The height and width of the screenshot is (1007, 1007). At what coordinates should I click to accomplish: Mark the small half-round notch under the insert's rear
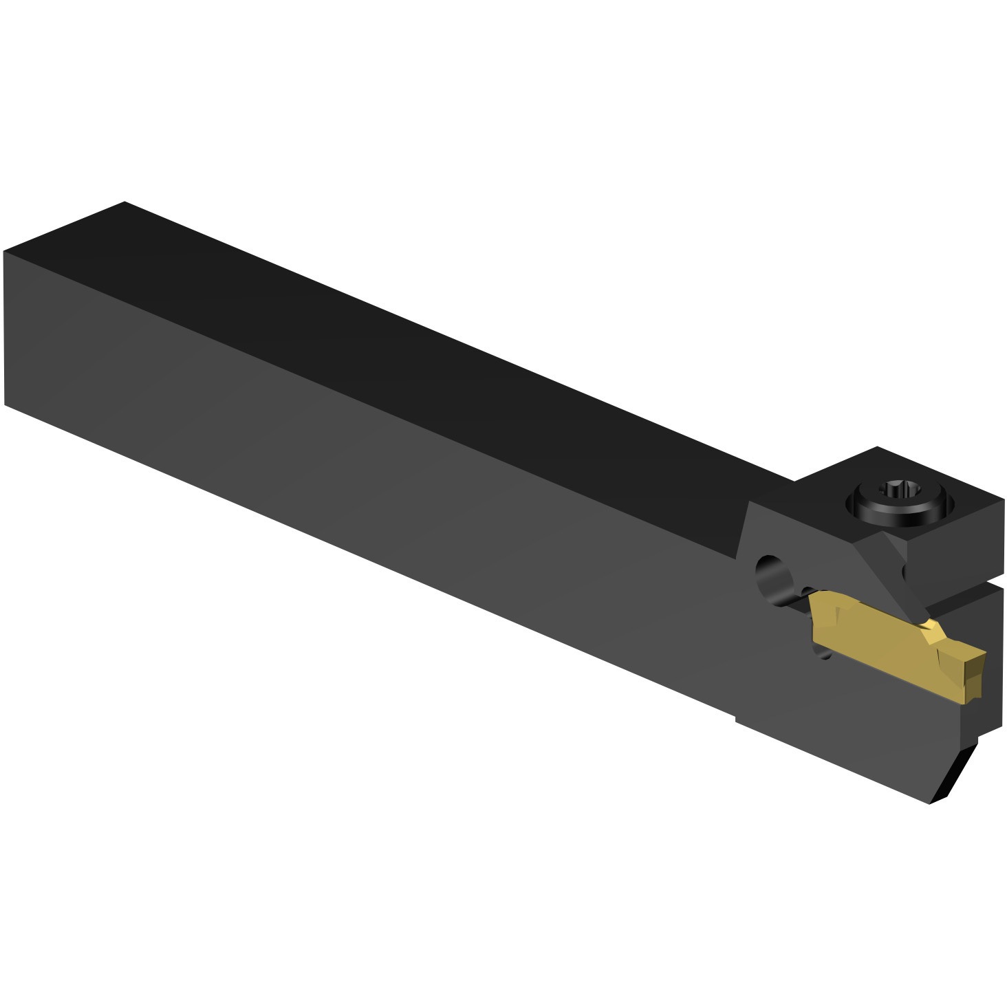[825, 649]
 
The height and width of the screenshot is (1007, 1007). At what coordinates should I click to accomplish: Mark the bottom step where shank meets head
[735, 719]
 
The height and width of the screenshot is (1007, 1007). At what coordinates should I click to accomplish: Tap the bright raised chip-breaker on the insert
[932, 630]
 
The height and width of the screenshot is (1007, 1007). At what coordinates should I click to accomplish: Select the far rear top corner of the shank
[124, 203]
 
